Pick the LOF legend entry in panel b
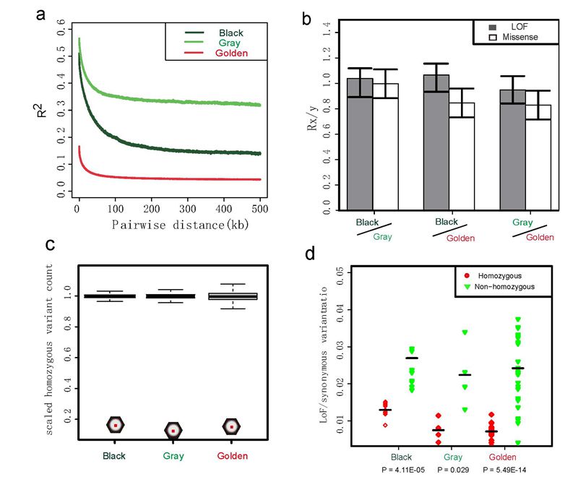[x=511, y=25]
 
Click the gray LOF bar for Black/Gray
[x=360, y=145]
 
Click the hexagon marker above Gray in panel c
[x=173, y=431]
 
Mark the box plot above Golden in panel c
[x=232, y=296]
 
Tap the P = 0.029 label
[x=453, y=470]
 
